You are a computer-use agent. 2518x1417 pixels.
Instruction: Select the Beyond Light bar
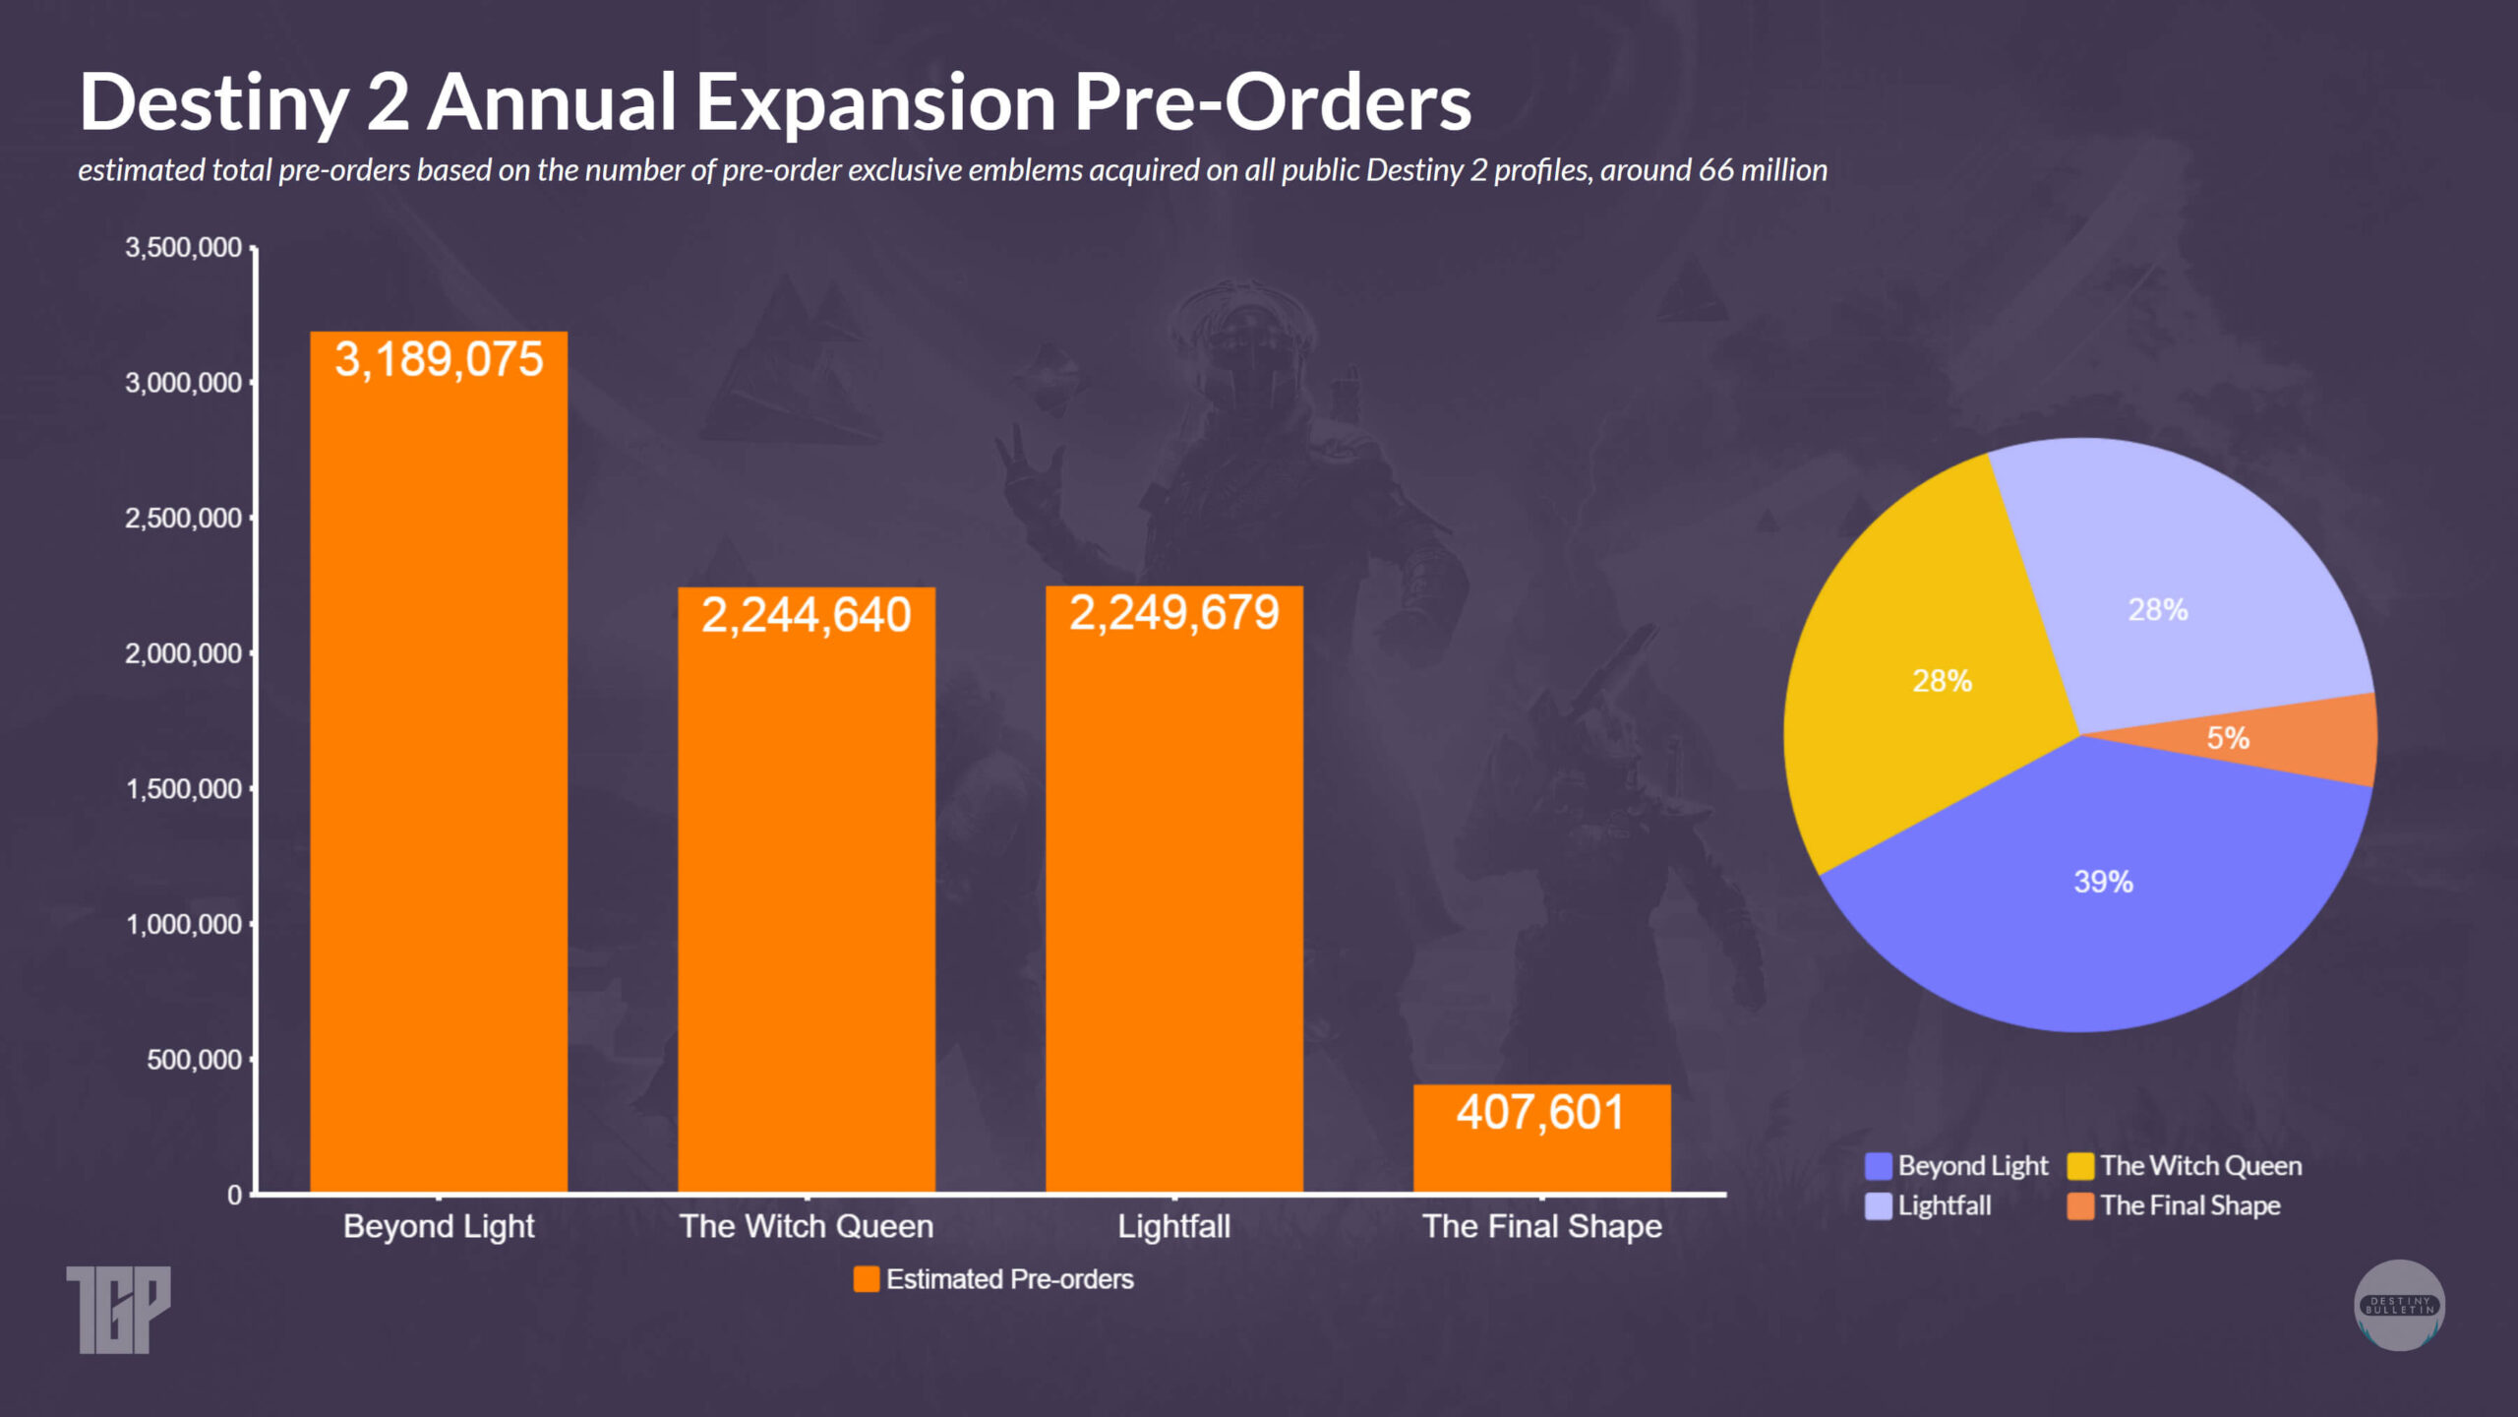point(439,787)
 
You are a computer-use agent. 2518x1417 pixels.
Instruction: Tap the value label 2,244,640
point(806,615)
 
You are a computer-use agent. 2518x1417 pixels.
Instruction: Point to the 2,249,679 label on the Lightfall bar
point(1173,613)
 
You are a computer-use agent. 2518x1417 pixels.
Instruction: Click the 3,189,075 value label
point(439,359)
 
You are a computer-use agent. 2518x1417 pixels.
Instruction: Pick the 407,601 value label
point(1540,1112)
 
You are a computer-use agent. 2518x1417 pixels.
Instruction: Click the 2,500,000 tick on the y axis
point(183,518)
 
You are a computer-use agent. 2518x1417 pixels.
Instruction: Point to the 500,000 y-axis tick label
point(194,1060)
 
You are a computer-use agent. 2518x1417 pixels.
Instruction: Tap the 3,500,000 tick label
point(183,247)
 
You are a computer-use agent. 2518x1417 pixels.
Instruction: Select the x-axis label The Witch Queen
point(806,1226)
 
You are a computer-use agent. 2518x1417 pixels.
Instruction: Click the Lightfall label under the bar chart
point(1173,1226)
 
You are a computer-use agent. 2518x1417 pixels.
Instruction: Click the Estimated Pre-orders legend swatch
point(866,1279)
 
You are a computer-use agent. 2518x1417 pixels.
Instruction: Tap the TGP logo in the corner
point(118,1309)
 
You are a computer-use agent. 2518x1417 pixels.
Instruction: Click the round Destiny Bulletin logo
point(2399,1305)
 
